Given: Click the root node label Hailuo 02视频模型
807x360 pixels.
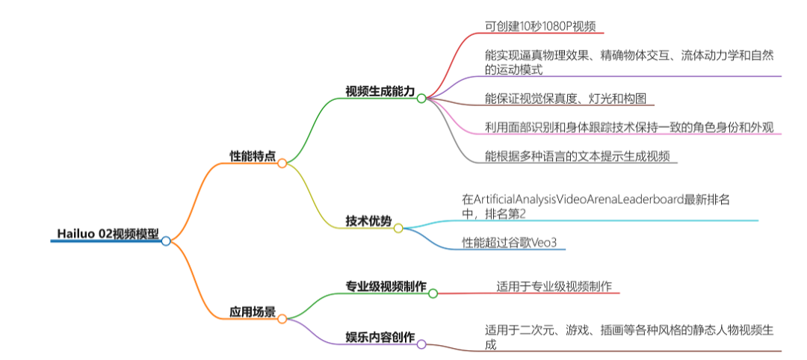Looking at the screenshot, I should coord(107,232).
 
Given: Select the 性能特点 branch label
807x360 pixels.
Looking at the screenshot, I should coord(252,155).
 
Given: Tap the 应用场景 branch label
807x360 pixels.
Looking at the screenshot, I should coord(252,311).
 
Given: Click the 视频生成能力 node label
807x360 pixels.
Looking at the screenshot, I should coord(380,91).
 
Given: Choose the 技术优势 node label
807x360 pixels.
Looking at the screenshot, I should coord(368,220).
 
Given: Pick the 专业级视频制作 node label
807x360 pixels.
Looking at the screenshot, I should coord(385,286).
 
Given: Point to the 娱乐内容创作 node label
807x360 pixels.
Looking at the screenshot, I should coord(380,337).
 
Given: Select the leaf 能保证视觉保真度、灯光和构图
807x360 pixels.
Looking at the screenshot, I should coord(570,98).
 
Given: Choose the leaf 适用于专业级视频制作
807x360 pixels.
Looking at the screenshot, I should coord(554,286).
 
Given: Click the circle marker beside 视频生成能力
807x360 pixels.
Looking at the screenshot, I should coord(421,98).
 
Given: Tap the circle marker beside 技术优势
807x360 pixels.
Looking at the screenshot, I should coord(398,228).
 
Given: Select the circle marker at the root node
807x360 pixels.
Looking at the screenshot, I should coord(166,240).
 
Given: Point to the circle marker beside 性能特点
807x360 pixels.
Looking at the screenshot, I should coord(282,163).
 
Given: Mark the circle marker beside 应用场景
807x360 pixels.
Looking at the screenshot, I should coord(282,319).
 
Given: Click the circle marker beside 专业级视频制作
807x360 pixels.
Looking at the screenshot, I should coord(433,294).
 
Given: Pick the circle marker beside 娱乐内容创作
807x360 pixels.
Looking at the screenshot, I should coord(421,344).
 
